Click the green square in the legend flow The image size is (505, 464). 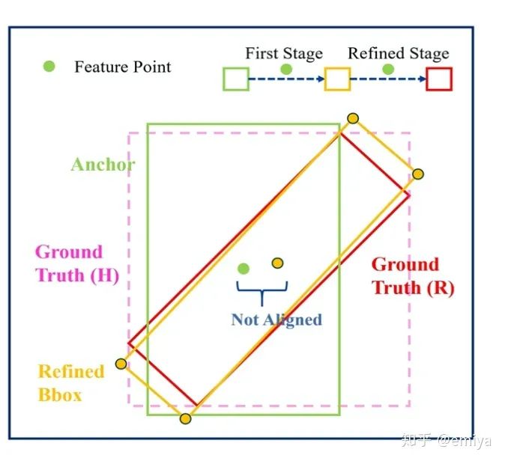[236, 79]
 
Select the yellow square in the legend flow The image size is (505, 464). [337, 79]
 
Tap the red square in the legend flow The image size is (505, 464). [439, 79]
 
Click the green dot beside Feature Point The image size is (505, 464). [49, 67]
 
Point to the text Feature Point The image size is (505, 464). [123, 67]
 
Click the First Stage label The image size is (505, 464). [284, 54]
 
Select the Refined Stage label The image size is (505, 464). [399, 54]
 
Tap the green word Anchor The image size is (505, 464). [103, 165]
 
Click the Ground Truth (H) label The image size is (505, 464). [76, 263]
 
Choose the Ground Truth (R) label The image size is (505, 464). [413, 276]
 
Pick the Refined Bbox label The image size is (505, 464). [70, 383]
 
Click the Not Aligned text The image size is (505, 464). [276, 320]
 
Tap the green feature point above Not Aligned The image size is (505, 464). [243, 269]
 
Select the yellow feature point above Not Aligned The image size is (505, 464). [278, 263]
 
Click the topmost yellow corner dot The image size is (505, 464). [353, 118]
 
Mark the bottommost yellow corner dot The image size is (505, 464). [185, 418]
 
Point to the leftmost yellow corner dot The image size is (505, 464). [121, 364]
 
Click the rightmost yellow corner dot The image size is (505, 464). [418, 174]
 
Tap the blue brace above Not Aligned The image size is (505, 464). [260, 293]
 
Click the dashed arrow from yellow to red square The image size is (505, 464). [388, 79]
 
